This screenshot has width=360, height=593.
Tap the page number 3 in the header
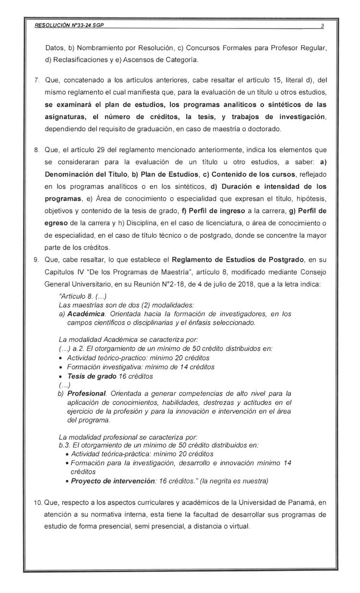click(322, 25)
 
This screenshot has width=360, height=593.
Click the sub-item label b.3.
click(64, 446)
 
